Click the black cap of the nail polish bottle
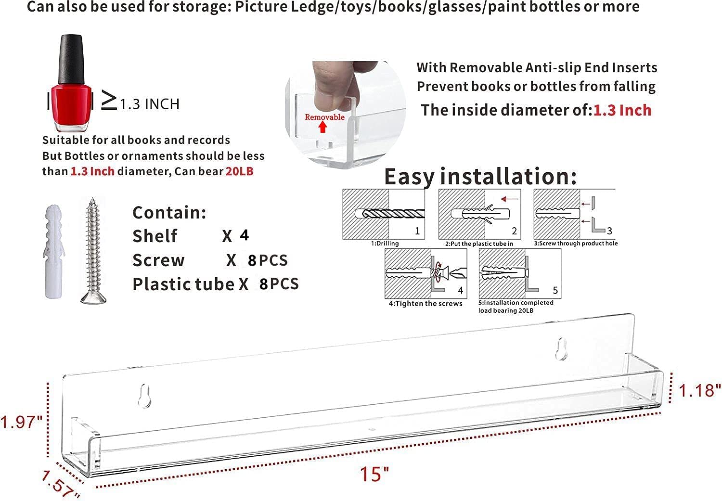click(x=72, y=60)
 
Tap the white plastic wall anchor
click(x=53, y=251)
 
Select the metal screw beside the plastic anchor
click(x=93, y=251)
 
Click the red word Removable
click(x=324, y=117)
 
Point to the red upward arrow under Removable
click(x=322, y=127)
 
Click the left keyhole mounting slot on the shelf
click(x=144, y=396)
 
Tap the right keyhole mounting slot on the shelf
click(x=561, y=349)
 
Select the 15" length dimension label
click(x=374, y=474)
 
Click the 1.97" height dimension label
click(x=21, y=422)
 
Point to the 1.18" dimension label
click(x=699, y=390)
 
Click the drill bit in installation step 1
click(x=393, y=213)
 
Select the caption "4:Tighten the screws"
click(x=425, y=304)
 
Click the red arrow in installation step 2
click(x=509, y=199)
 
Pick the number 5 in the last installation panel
click(x=555, y=290)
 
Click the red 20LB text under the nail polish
click(x=240, y=171)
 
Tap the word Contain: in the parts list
click(x=169, y=212)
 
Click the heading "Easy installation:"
click(x=480, y=177)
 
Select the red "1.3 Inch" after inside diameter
click(x=622, y=110)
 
